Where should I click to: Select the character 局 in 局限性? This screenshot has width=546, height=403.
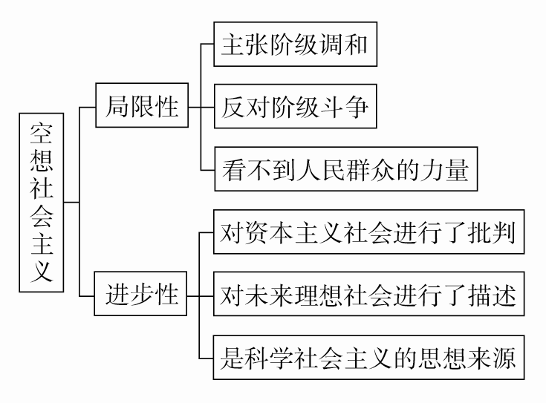119,106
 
